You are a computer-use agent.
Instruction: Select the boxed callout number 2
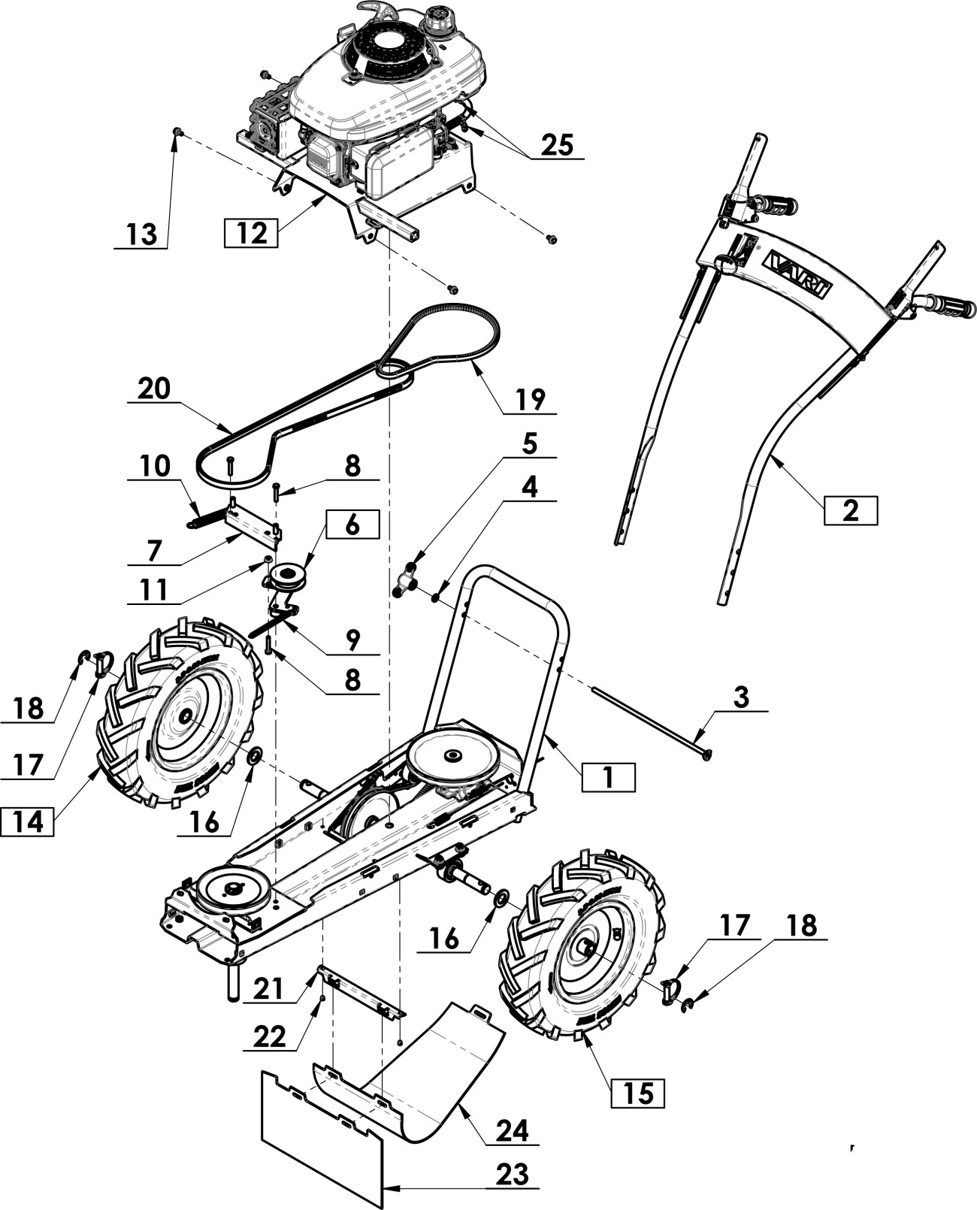[850, 510]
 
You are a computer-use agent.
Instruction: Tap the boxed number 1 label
[608, 777]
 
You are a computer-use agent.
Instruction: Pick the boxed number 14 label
[28, 821]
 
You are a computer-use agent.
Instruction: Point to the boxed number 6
[352, 525]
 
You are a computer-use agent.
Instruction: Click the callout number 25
[557, 144]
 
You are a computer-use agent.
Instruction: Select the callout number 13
[141, 234]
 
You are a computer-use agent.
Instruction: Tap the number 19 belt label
[530, 399]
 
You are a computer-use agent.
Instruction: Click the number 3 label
[741, 697]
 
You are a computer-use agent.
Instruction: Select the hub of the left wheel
[184, 718]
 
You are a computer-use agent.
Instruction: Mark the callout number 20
[154, 389]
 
